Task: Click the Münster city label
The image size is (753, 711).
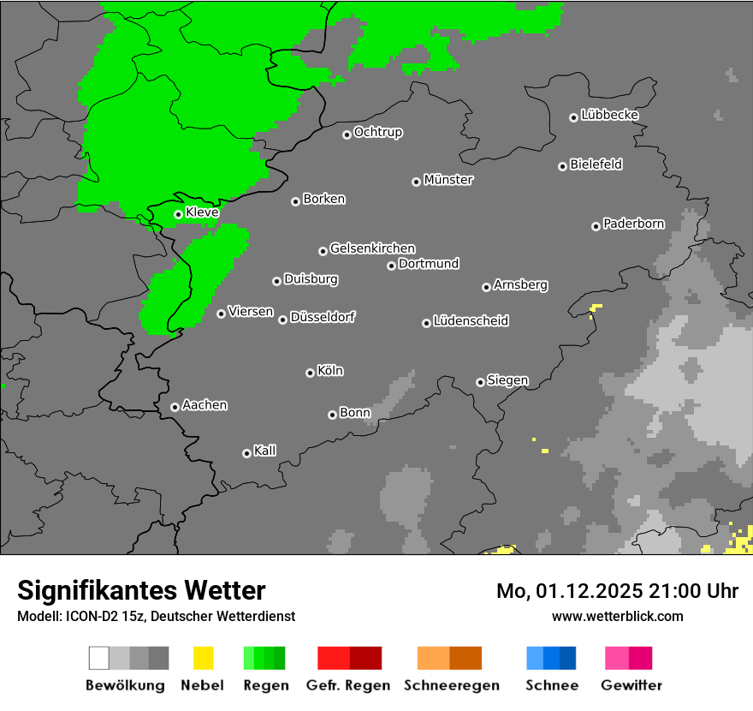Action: click(448, 180)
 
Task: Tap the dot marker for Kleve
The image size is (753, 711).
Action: click(178, 214)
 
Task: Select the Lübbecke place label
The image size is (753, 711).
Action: click(609, 115)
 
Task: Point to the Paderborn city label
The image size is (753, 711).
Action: click(633, 224)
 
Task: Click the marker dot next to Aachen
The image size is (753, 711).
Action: click(175, 407)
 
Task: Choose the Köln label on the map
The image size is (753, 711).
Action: click(329, 371)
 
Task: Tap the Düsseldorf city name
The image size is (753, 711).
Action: click(322, 317)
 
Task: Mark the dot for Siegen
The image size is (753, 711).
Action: click(480, 382)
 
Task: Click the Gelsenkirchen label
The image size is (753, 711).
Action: click(372, 248)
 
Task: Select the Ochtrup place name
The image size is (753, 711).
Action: click(377, 132)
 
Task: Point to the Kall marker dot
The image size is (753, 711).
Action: click(246, 453)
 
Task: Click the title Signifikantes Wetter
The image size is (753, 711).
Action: click(141, 590)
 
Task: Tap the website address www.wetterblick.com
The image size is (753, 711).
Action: click(617, 616)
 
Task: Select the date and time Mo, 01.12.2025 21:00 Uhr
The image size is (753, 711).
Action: click(617, 591)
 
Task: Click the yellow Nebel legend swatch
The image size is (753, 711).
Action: click(203, 658)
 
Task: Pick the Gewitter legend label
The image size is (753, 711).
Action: click(631, 685)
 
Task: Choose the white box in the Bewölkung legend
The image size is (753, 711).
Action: click(99, 658)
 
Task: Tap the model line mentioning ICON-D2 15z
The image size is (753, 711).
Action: click(156, 616)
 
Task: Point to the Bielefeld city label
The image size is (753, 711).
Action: click(596, 164)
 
